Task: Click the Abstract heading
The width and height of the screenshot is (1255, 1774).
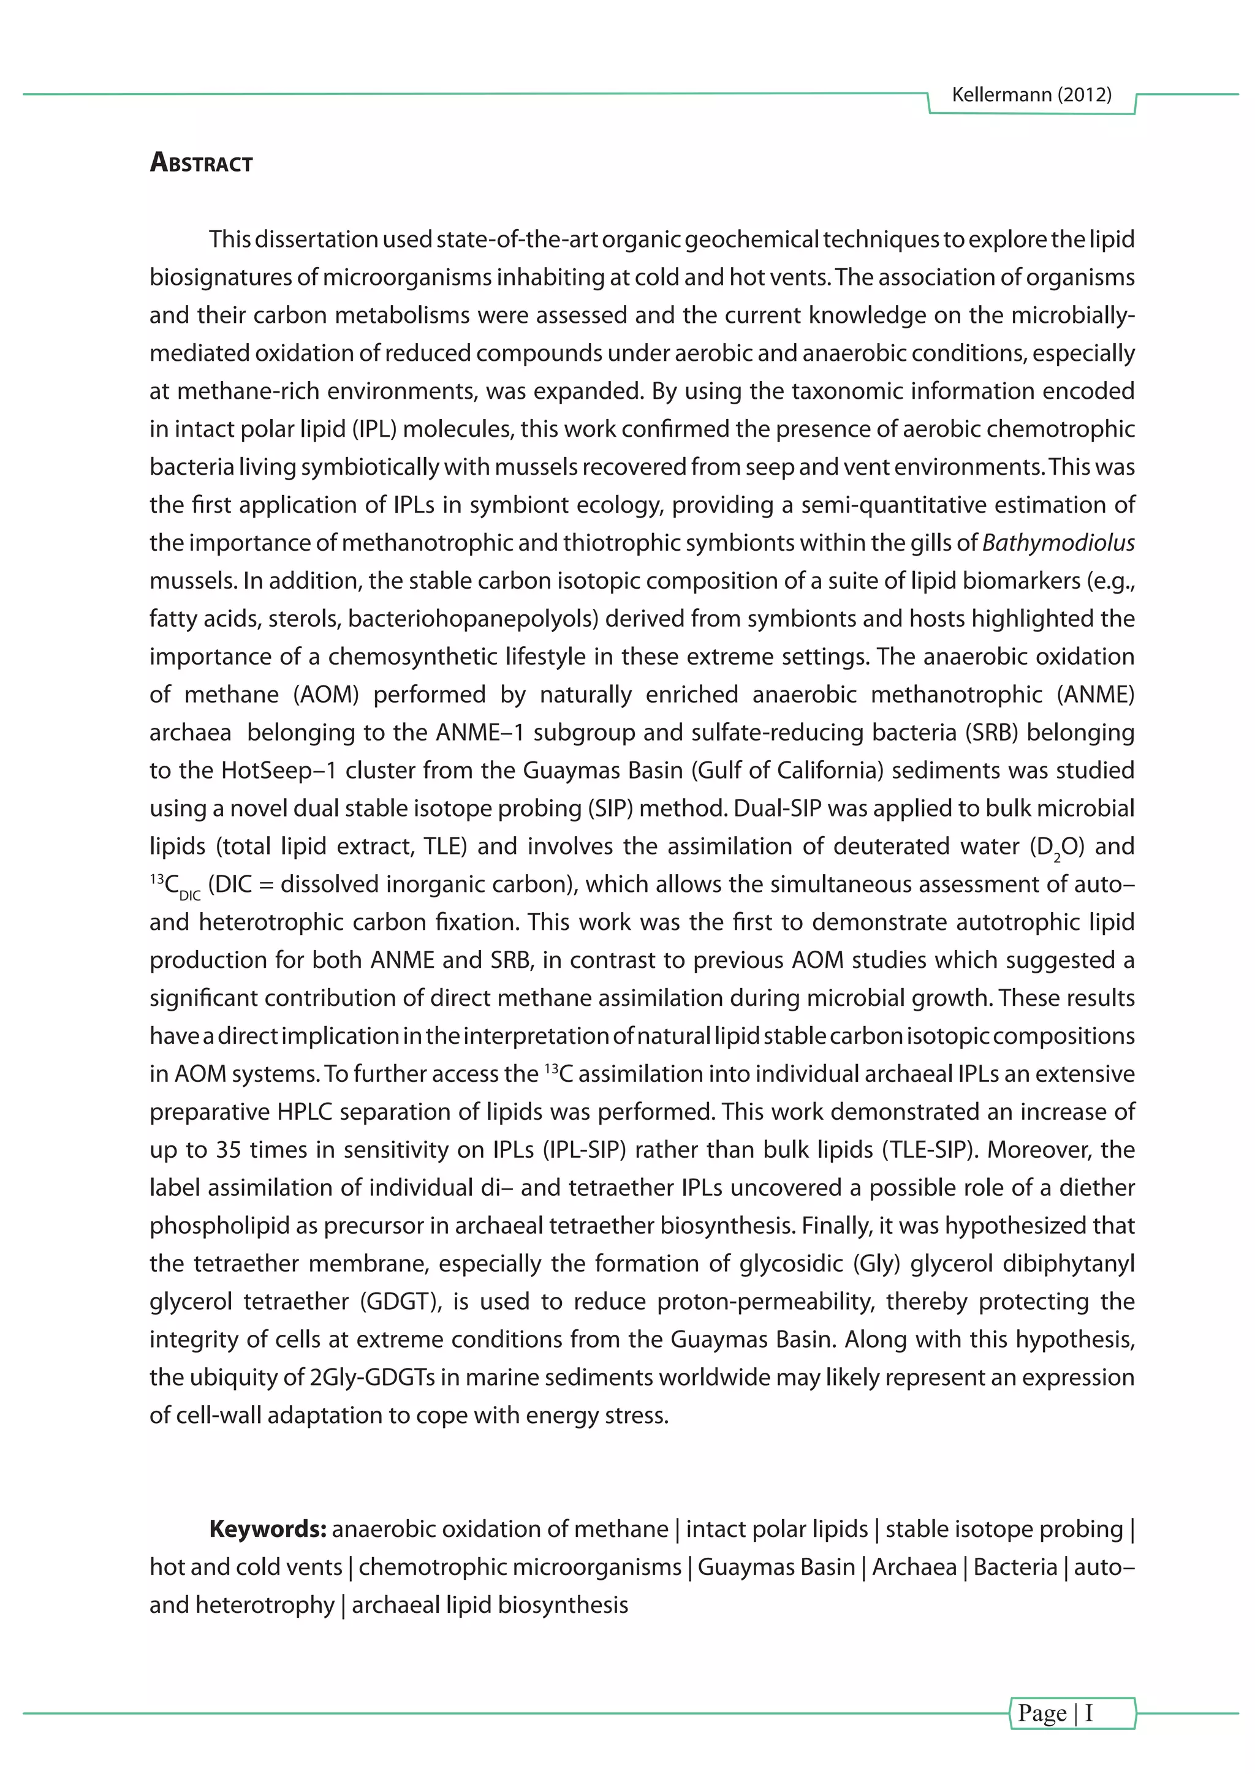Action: click(201, 163)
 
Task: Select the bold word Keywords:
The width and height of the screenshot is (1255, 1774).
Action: click(268, 1528)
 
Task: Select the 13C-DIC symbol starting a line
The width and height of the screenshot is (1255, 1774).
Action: click(175, 885)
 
